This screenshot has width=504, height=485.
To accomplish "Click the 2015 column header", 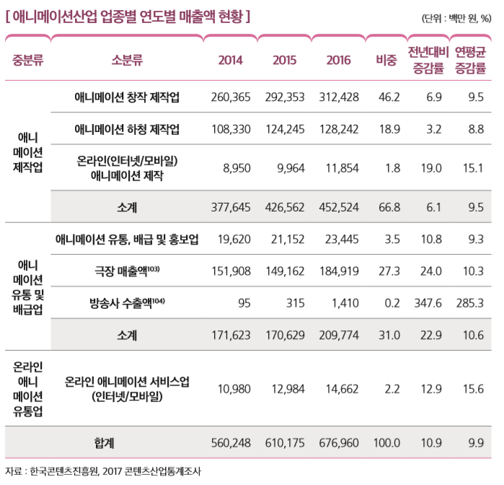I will [284, 61].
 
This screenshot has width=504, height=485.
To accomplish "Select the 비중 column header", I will [386, 61].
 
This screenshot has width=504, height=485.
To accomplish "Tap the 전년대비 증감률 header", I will [428, 61].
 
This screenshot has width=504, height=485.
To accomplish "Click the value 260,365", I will [231, 97].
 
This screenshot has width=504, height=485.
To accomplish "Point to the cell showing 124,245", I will [285, 129].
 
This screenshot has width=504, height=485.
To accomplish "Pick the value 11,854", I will [341, 168].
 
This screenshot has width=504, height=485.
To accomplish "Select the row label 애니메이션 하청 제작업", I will [127, 129].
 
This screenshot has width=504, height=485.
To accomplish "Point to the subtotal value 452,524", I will [341, 208].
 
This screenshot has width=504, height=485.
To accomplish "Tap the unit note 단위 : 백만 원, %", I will [456, 18].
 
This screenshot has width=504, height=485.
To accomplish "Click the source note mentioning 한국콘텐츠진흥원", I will [105, 471].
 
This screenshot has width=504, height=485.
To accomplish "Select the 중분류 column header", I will [28, 61].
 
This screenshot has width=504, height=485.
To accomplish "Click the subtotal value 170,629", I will [285, 335].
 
